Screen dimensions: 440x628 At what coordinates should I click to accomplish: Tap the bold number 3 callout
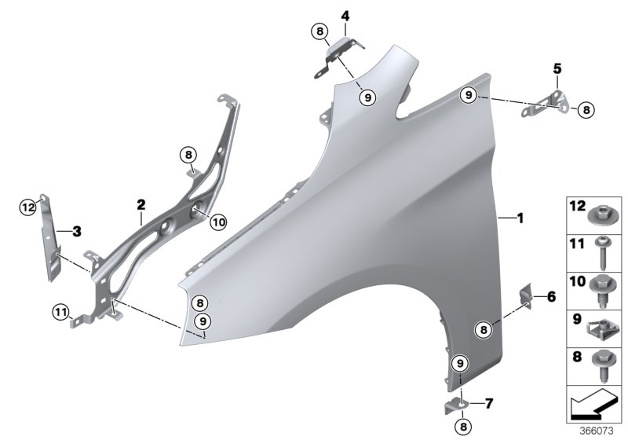(76, 232)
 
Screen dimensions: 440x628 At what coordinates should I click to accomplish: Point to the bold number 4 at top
(345, 15)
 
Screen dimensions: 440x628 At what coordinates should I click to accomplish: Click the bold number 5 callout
(557, 69)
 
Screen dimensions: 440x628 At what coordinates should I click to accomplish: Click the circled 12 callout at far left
(28, 207)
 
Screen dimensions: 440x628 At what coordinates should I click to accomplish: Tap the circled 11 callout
(61, 312)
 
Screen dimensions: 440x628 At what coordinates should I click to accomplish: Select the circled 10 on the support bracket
(217, 222)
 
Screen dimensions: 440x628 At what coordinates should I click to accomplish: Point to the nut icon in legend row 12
(602, 212)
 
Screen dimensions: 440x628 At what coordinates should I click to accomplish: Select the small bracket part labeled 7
(458, 404)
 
